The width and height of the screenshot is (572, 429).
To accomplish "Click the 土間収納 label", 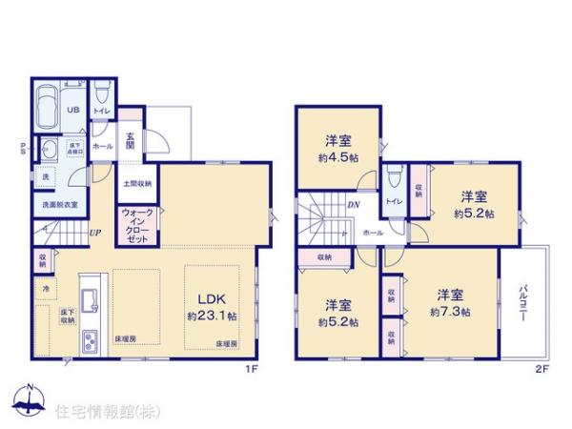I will pos(137,183).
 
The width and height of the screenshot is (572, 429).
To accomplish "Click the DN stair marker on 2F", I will pos(352,204).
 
